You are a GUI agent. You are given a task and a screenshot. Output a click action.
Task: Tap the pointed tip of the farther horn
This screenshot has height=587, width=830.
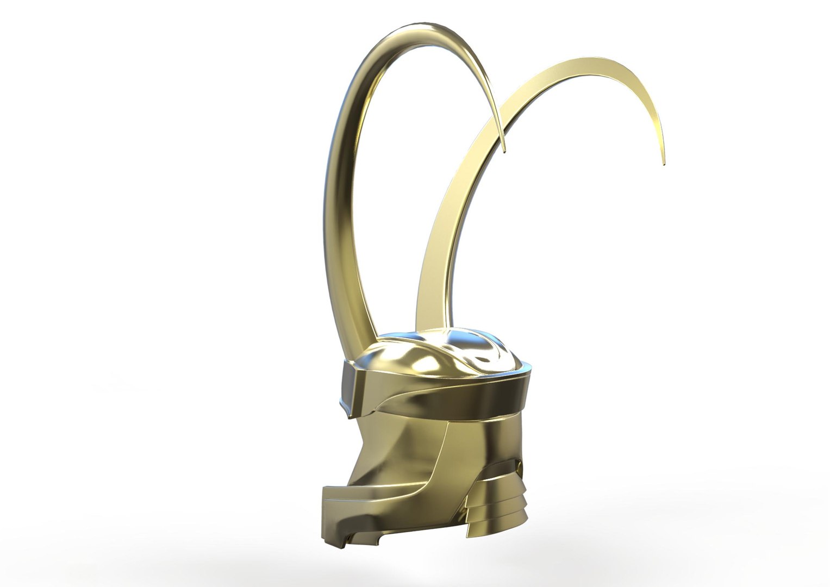point(663,163)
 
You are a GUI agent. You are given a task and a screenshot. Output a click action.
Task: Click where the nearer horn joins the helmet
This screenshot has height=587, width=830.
point(356,348)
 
